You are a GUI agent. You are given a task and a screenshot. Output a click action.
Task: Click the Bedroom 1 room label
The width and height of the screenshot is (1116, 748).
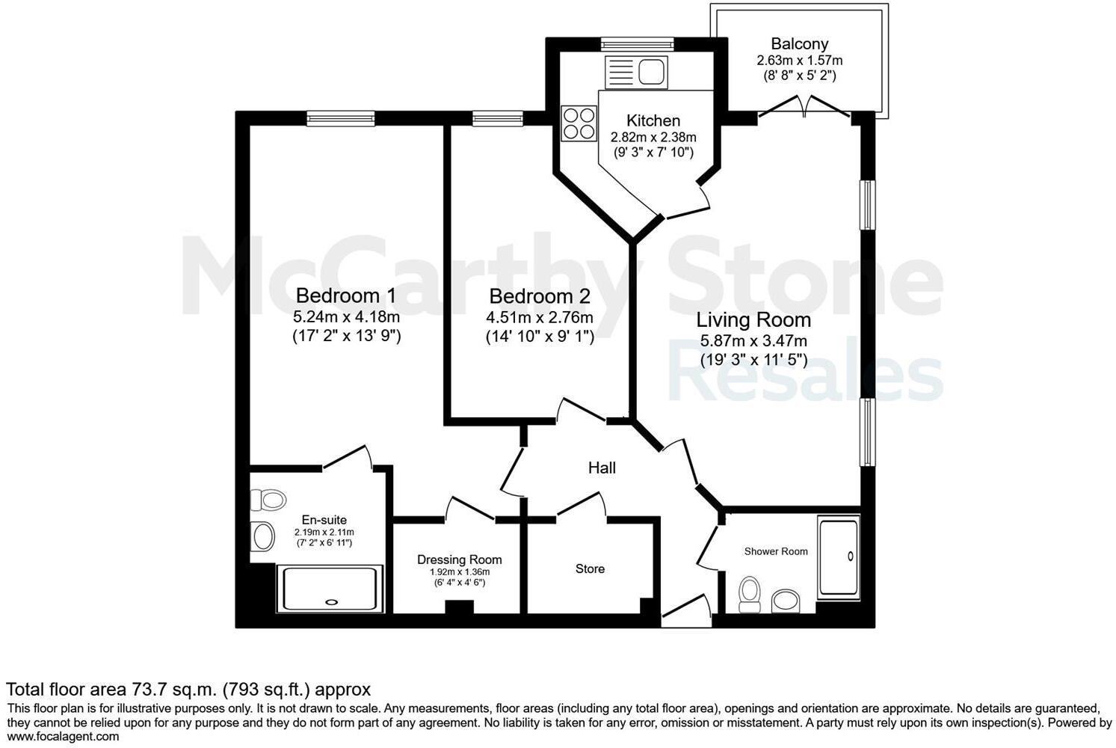pos(345,295)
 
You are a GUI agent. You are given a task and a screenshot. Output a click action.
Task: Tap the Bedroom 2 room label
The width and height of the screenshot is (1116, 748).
pos(539,297)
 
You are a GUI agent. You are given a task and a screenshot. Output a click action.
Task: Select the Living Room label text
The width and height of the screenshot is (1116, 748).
pos(753,320)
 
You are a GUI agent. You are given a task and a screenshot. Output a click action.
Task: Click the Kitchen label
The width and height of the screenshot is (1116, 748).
pos(653,120)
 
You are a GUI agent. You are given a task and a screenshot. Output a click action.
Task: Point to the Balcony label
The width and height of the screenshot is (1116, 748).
pos(799,44)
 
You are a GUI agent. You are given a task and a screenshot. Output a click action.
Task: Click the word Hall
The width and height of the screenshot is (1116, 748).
pos(602,468)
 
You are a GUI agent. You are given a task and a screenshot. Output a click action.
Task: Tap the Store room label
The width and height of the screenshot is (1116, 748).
pos(590,569)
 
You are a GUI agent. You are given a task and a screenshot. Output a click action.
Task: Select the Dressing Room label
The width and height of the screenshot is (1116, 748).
pos(459,560)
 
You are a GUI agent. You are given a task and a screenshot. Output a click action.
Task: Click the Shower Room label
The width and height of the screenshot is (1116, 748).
pos(775,551)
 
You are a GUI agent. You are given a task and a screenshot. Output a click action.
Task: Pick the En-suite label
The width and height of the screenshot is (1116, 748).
pos(324,520)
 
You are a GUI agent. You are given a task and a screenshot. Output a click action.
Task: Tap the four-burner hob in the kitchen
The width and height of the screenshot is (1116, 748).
pos(579,123)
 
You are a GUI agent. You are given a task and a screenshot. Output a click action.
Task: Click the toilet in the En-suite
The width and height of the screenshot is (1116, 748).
pos(268,500)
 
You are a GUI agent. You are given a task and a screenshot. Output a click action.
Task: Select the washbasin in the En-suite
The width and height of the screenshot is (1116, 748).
pos(262,536)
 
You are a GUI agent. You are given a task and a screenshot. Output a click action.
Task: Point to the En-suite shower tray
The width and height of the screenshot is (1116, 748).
pos(330,589)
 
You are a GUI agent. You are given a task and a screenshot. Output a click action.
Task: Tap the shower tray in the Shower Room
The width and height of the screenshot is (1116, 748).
pos(839,556)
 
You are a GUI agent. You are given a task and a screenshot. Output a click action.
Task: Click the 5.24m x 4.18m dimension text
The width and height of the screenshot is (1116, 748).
pos(345,317)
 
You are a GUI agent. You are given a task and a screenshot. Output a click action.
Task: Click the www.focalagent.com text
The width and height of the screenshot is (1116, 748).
pos(62,737)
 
